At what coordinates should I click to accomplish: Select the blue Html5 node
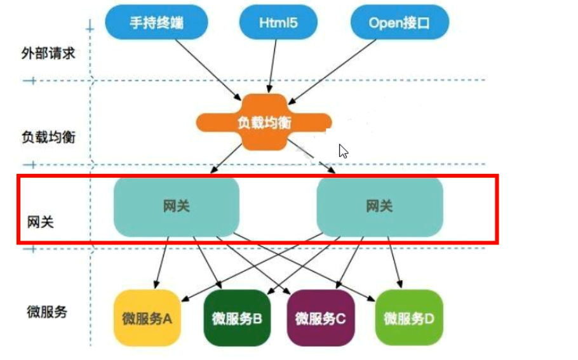point(278,23)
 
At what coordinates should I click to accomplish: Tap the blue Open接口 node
point(400,23)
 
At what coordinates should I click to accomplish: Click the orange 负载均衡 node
point(264,123)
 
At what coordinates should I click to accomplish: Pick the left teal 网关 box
point(177,206)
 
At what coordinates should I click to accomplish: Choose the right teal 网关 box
point(379,206)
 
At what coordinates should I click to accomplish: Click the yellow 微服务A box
point(147,318)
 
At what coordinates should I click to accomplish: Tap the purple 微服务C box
point(321,318)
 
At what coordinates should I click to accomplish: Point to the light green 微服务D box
point(408,318)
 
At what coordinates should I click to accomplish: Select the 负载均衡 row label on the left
point(48,137)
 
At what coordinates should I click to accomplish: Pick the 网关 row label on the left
point(40,222)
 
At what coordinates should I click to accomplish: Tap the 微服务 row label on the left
point(48,312)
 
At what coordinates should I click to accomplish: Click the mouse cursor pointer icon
point(343,150)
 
